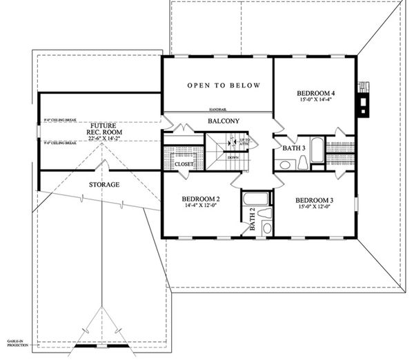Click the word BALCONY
coord(224,122)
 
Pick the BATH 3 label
coord(286,146)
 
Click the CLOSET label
coord(184,165)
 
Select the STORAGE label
coord(105,185)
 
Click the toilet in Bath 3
coord(303,163)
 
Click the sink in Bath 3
coord(284,164)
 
